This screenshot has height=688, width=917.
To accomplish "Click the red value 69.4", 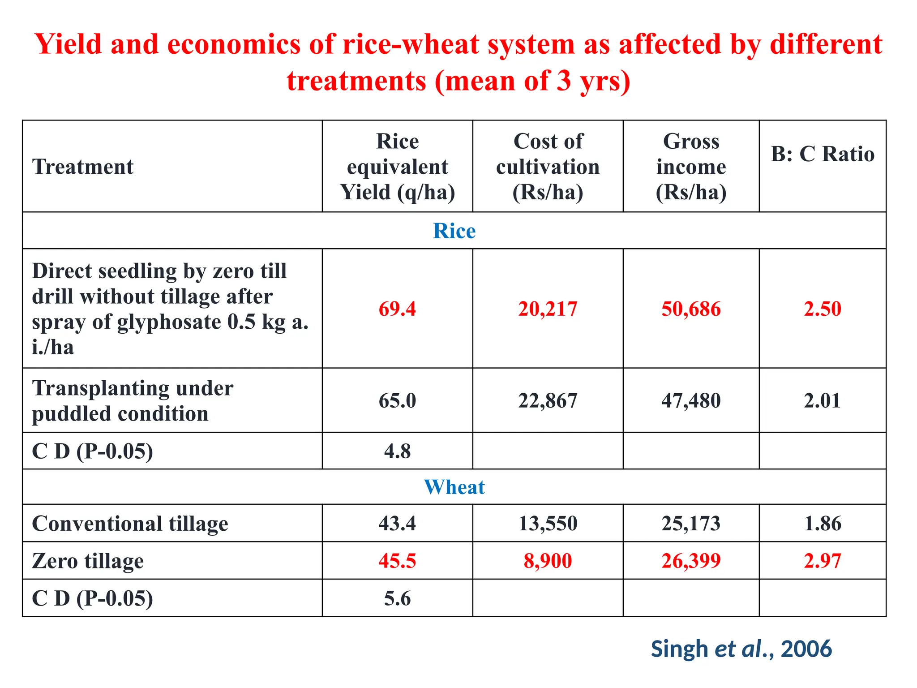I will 397,309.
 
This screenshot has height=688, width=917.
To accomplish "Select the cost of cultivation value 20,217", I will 548,309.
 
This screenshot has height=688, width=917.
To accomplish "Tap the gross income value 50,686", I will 691,309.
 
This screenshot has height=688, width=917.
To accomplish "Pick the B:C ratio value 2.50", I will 823,309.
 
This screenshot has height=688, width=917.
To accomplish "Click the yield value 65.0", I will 397,400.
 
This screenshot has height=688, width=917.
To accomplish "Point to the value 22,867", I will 548,400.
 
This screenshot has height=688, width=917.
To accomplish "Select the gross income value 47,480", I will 691,400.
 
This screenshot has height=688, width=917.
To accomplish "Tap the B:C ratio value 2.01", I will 823,400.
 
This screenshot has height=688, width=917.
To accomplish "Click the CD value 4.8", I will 397,451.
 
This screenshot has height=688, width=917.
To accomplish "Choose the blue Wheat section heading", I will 454,487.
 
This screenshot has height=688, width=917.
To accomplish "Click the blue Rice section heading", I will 454,231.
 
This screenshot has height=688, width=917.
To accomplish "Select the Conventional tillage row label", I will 130,524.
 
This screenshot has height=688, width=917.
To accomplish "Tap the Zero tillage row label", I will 88,561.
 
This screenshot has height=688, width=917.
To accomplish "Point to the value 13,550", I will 548,523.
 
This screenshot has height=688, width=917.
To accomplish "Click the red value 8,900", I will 548,561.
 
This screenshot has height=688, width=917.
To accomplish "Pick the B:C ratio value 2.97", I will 823,561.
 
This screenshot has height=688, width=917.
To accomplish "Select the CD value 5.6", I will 397,598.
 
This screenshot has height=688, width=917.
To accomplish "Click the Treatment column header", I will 83,167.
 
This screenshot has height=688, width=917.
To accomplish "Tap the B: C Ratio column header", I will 823,154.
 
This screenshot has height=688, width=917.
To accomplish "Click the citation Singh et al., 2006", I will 741,649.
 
